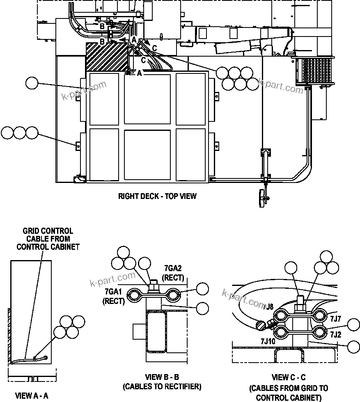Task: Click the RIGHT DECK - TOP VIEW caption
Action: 157,196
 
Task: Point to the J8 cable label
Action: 269,306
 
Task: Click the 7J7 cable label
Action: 335,318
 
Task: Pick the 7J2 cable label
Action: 335,334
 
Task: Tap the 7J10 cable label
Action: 268,341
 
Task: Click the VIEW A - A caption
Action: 32,396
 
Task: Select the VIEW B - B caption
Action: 162,377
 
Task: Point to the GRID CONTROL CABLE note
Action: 48,239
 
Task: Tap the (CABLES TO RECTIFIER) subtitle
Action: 162,386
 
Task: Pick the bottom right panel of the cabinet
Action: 190,154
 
